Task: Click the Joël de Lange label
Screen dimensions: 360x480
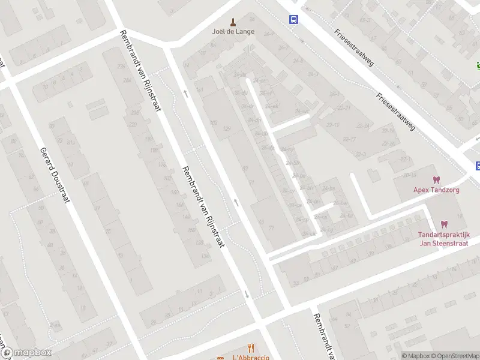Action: (x=233, y=32)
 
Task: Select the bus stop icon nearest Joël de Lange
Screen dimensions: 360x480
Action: (x=294, y=19)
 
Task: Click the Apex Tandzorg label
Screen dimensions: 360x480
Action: (x=436, y=190)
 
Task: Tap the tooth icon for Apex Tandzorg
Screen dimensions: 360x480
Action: (x=436, y=179)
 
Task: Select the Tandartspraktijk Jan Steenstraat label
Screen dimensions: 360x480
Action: (x=444, y=239)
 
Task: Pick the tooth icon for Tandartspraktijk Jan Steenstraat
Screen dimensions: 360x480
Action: (x=444, y=224)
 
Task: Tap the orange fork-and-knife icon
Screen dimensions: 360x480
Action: (x=251, y=348)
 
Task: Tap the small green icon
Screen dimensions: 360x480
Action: (x=478, y=65)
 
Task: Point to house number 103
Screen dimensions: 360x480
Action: (x=214, y=122)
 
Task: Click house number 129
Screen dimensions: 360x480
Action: (x=226, y=128)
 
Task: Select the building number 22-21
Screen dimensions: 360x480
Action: (x=344, y=108)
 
